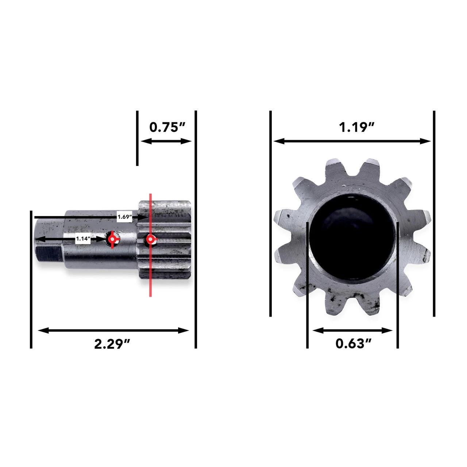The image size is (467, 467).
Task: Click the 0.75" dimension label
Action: tap(167, 127)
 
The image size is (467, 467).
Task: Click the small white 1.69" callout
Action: tap(124, 217)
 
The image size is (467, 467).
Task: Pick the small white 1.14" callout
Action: tap(83, 239)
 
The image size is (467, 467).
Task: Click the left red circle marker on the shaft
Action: tap(113, 239)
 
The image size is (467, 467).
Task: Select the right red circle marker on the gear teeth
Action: tap(150, 240)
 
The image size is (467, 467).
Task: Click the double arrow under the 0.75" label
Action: tap(166, 141)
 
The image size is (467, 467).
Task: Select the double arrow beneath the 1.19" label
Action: tap(352, 141)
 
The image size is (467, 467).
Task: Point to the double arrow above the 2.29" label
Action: tap(113, 331)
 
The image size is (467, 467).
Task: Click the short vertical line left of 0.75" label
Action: tap(137, 139)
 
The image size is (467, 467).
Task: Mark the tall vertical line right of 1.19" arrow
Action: tap(434, 213)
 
